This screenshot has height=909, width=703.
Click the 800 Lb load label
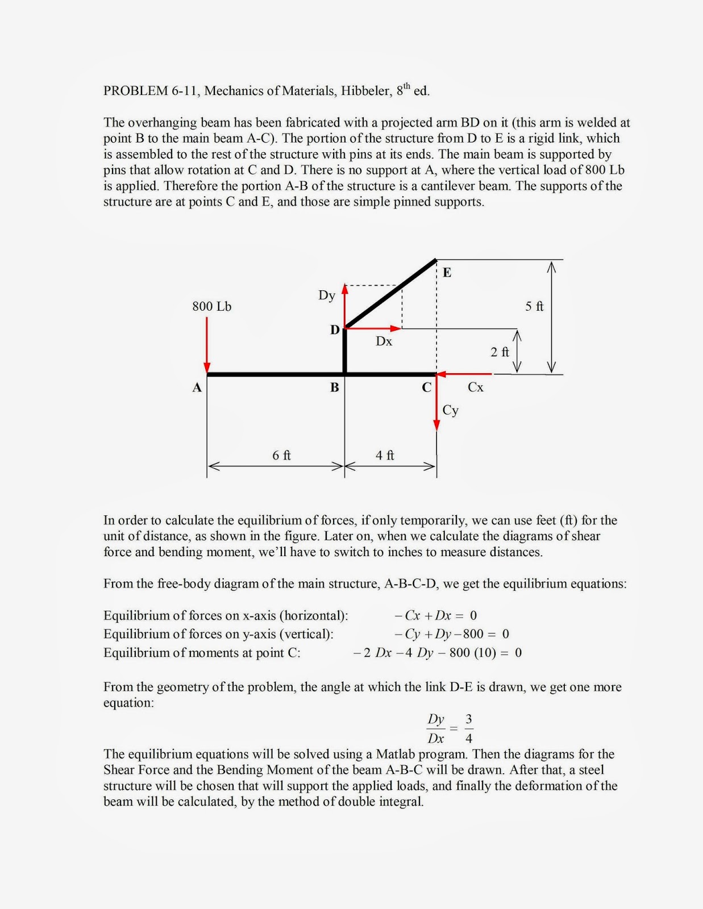point(211,307)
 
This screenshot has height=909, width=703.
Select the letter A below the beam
point(197,388)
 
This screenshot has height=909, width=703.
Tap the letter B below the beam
point(335,388)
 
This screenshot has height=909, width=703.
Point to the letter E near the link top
point(447,273)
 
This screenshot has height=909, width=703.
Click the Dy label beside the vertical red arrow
point(326,295)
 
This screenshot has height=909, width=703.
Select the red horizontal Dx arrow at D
point(373,328)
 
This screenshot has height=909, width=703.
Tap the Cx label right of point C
point(475,387)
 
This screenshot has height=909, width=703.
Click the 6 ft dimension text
point(281,456)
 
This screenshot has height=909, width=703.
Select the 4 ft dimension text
point(385,456)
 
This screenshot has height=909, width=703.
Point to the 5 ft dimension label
point(534,307)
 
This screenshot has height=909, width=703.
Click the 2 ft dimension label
point(500,352)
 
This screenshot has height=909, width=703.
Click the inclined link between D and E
point(391,294)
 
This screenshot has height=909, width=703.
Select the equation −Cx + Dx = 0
point(435,615)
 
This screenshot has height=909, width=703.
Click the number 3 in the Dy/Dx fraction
point(469,719)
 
